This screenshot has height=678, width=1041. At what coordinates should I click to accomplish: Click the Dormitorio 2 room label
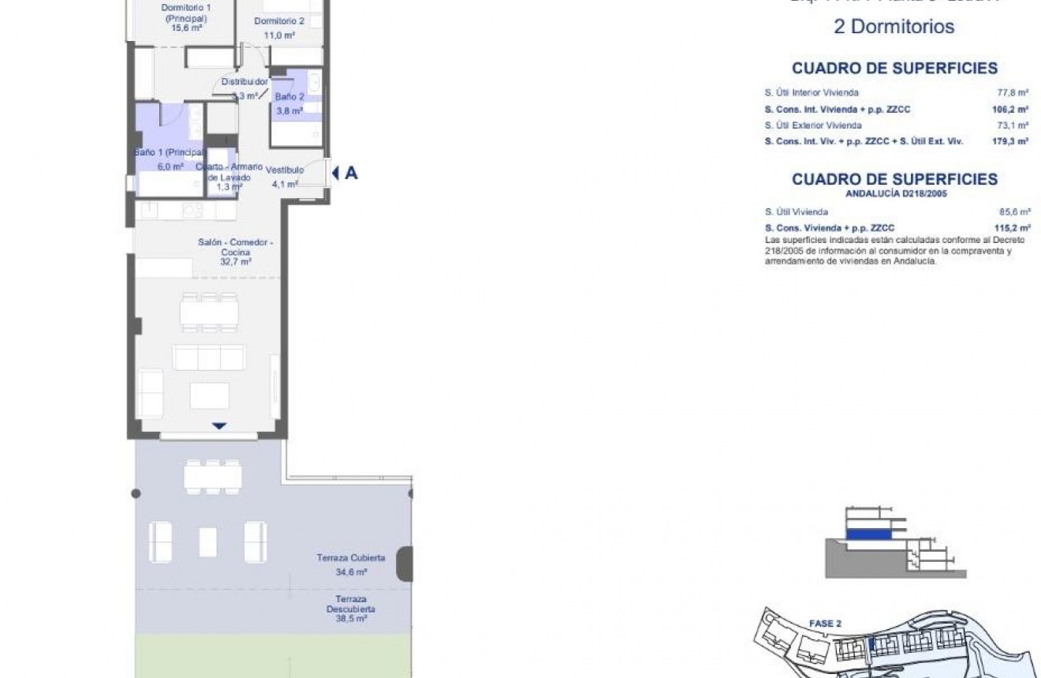pyautogui.click(x=274, y=21)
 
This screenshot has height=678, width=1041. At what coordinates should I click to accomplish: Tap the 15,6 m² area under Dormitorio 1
pyautogui.click(x=186, y=28)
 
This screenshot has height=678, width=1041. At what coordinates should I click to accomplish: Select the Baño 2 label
pyautogui.click(x=289, y=96)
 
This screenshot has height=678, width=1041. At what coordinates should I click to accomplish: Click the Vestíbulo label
pyautogui.click(x=285, y=170)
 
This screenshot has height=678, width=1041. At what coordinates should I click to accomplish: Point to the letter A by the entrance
pyautogui.click(x=351, y=173)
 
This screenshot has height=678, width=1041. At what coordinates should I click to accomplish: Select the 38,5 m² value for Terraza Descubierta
pyautogui.click(x=351, y=620)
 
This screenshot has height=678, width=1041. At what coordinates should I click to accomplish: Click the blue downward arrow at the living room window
pyautogui.click(x=219, y=426)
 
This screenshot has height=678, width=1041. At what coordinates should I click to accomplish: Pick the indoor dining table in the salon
pyautogui.click(x=208, y=313)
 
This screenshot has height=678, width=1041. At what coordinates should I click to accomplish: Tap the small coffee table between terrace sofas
pyautogui.click(x=208, y=541)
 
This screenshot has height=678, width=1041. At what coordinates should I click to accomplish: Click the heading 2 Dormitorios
pyautogui.click(x=894, y=27)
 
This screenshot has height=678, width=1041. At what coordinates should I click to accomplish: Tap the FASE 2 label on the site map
pyautogui.click(x=825, y=624)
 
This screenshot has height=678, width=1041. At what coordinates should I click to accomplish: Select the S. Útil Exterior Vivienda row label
pyautogui.click(x=812, y=125)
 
